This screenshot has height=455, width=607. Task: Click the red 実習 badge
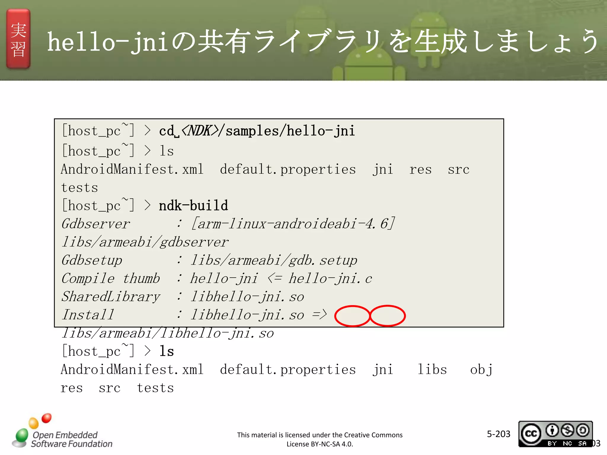[x=18, y=39]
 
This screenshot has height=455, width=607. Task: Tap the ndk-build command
[x=193, y=206]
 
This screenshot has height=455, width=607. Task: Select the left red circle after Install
[x=352, y=316]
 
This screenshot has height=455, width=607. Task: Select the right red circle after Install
[x=388, y=316]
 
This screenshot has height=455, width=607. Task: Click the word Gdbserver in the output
[x=95, y=224]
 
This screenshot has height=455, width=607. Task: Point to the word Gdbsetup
[x=92, y=260]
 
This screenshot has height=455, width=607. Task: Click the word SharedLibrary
[x=111, y=297]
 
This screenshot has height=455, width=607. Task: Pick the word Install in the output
[x=88, y=315]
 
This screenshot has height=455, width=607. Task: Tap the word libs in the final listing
[x=432, y=370]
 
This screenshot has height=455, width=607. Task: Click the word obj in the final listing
[x=481, y=370]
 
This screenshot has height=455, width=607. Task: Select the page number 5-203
[x=499, y=434]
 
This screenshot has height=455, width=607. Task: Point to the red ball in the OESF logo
[x=47, y=418]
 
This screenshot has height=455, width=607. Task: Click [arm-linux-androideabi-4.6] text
[x=293, y=224]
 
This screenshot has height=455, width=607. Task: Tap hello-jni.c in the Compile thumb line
[x=330, y=278]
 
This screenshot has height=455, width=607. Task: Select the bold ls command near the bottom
[x=167, y=351]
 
